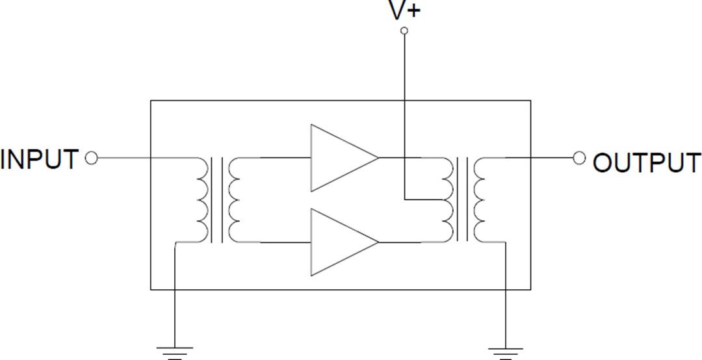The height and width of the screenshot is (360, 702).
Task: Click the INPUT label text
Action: [x=40, y=159]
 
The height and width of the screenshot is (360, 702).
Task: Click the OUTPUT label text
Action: [x=647, y=162]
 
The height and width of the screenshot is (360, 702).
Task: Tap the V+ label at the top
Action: [x=404, y=11]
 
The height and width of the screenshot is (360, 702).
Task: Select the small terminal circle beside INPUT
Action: [x=92, y=158]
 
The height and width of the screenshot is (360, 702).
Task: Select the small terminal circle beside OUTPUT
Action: [x=579, y=158]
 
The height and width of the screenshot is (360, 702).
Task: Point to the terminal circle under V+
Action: [x=404, y=31]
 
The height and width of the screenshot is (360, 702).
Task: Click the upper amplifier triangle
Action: [x=338, y=158]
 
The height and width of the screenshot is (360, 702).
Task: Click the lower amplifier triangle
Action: [x=338, y=242]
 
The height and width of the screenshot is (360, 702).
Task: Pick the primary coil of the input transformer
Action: [x=202, y=200]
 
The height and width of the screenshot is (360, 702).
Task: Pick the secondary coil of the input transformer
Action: [x=234, y=200]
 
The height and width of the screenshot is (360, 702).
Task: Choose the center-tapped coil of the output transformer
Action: [x=447, y=200]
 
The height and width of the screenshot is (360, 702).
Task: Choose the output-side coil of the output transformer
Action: [x=480, y=200]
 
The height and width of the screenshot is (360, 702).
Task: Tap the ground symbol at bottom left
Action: [x=175, y=352]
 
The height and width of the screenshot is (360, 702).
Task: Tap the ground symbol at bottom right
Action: [x=504, y=352]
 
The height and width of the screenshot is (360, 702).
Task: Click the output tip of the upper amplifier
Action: [x=378, y=158]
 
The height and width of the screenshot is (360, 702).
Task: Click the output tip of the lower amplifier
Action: [x=378, y=242]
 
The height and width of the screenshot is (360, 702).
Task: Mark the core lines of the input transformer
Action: [x=218, y=200]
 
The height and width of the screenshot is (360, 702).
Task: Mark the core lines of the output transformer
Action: [x=463, y=200]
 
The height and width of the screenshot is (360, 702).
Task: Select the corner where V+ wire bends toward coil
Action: [x=404, y=199]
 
